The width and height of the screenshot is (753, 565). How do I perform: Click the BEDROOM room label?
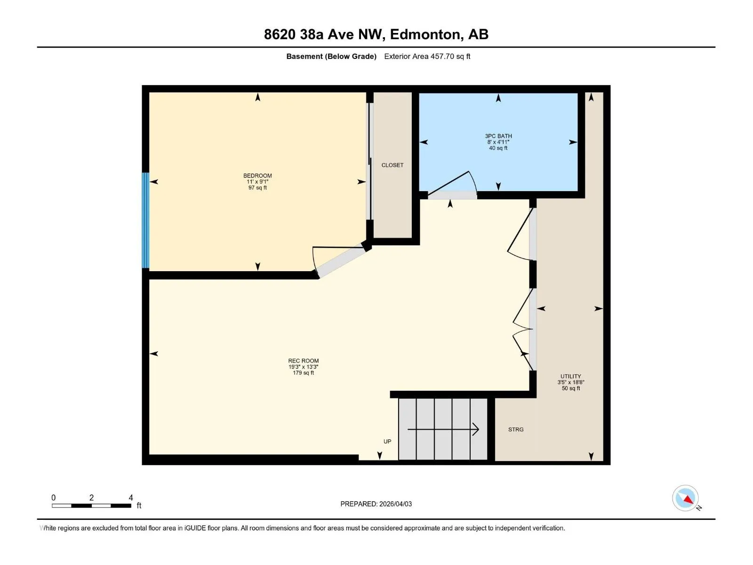pyautogui.click(x=257, y=176)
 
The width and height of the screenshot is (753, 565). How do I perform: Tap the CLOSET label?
pyautogui.click(x=392, y=165)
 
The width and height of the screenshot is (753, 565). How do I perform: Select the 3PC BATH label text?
pyautogui.click(x=498, y=136)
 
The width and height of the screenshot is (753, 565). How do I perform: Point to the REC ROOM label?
pyautogui.click(x=303, y=361)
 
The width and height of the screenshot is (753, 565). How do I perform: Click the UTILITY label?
pyautogui.click(x=570, y=376)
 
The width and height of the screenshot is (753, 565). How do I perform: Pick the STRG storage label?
pyautogui.click(x=516, y=429)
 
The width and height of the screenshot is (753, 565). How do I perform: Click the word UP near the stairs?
pyautogui.click(x=387, y=441)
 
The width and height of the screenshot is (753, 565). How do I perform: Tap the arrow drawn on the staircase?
pyautogui.click(x=443, y=429)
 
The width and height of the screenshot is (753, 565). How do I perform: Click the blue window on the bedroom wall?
pyautogui.click(x=145, y=220)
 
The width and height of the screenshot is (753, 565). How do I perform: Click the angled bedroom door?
pyautogui.click(x=340, y=261)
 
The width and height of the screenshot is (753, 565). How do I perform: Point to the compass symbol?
pyautogui.click(x=685, y=498)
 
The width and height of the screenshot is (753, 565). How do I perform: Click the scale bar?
pyautogui.click(x=91, y=505)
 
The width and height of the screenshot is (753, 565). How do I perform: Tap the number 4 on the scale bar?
pyautogui.click(x=131, y=497)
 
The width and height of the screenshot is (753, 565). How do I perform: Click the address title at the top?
pyautogui.click(x=376, y=34)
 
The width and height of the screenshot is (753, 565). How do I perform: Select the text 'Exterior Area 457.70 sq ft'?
pyautogui.click(x=427, y=56)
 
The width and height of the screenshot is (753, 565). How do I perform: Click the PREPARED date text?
pyautogui.click(x=376, y=504)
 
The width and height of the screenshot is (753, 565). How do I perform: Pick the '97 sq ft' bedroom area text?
pyautogui.click(x=257, y=188)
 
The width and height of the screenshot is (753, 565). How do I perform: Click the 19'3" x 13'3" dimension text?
pyautogui.click(x=303, y=367)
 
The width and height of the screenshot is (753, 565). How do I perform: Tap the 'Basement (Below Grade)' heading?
pyautogui.click(x=331, y=56)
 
